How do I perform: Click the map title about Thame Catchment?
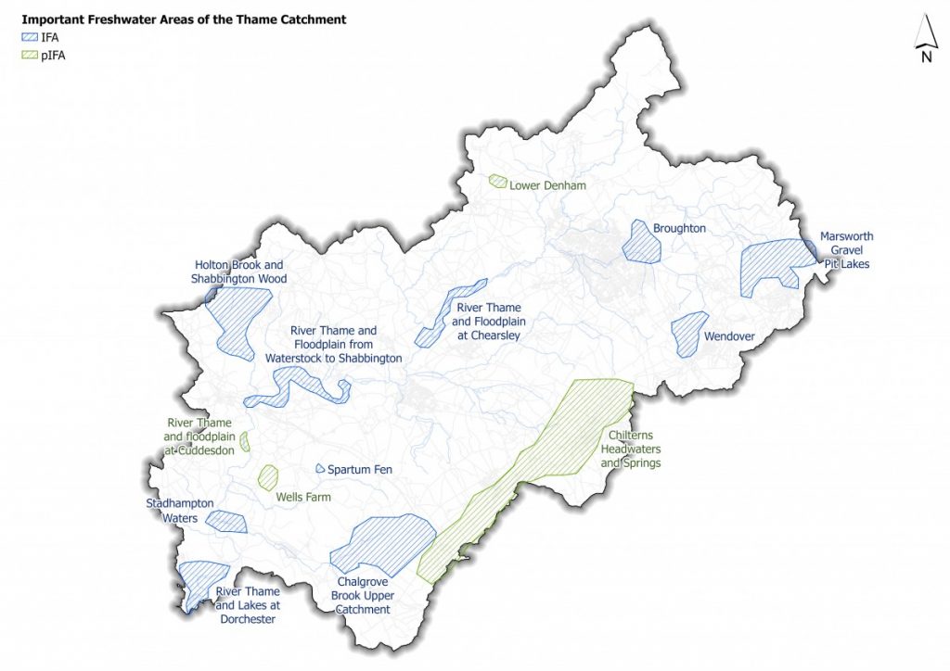(184, 19)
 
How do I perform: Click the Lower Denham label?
(547, 185)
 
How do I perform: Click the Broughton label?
(679, 228)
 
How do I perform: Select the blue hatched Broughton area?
(640, 243)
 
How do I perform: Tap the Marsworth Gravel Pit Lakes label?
(846, 250)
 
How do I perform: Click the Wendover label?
(729, 336)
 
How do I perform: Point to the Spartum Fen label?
(359, 470)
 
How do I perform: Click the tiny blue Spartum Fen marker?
(319, 468)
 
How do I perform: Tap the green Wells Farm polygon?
(268, 477)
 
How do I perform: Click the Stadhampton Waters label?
(180, 511)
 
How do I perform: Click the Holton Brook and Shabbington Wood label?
(240, 272)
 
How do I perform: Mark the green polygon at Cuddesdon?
(245, 441)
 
